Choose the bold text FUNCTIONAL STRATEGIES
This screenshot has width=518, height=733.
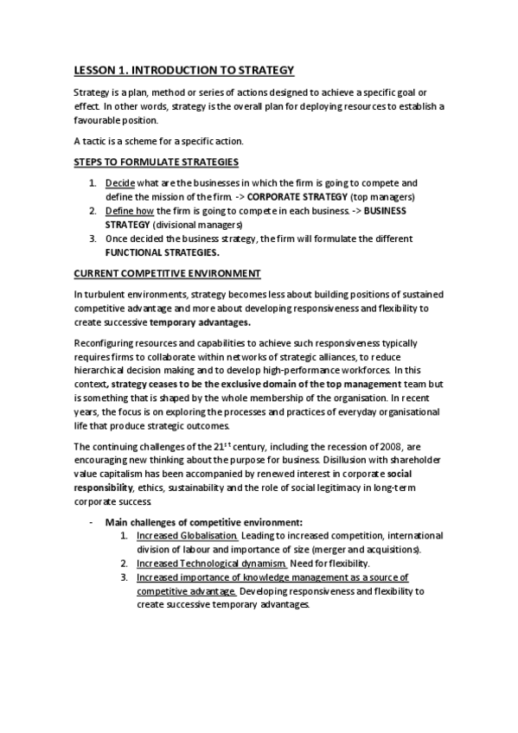(162, 252)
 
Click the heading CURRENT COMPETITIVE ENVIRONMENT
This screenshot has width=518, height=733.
(167, 273)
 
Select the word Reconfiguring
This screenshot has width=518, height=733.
(106, 342)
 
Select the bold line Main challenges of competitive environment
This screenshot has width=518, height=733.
(204, 522)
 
